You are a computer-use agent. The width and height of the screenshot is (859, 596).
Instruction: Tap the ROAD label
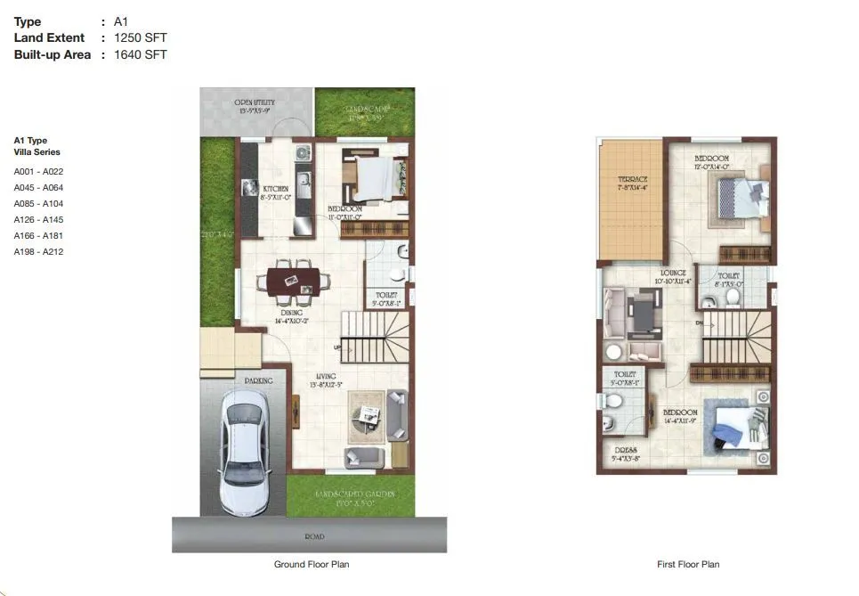(x=313, y=537)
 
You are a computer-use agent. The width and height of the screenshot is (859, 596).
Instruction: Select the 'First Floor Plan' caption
(x=687, y=565)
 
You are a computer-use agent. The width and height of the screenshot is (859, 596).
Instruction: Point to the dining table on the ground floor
(x=293, y=281)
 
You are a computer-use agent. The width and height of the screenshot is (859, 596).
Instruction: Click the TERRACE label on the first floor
(x=633, y=180)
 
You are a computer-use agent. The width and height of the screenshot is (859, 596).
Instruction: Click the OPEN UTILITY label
(x=255, y=103)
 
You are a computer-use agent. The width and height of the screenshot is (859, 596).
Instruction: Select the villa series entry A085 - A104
(x=38, y=203)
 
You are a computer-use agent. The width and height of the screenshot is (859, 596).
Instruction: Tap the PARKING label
(x=258, y=380)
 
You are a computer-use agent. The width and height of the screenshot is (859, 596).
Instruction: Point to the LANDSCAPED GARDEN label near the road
(x=354, y=494)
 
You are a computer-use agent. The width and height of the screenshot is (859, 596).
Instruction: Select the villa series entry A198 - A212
(x=38, y=251)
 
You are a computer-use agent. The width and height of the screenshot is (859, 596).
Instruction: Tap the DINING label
(x=292, y=313)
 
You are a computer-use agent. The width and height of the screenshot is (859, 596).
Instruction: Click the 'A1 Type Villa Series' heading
(x=37, y=146)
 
